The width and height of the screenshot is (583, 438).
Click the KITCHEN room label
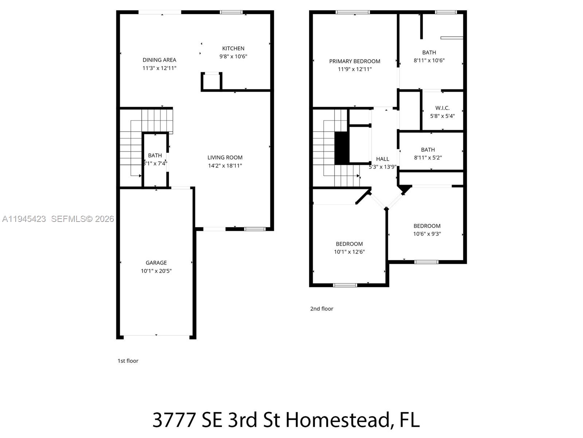pyautogui.click(x=233, y=48)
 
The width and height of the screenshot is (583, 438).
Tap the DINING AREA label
pyautogui.click(x=159, y=60)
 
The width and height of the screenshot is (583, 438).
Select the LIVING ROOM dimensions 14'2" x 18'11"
pyautogui.click(x=225, y=166)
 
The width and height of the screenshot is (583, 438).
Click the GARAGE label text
pyautogui.click(x=156, y=263)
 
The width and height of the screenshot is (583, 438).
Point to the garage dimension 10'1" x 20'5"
pyautogui.click(x=156, y=271)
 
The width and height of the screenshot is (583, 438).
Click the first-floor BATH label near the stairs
pyautogui.click(x=155, y=155)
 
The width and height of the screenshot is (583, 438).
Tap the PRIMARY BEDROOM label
pyautogui.click(x=355, y=61)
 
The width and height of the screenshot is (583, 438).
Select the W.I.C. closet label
pyautogui.click(x=442, y=108)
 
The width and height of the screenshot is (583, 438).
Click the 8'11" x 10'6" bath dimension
pyautogui.click(x=429, y=61)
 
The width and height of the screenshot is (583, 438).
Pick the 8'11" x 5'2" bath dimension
pyautogui.click(x=428, y=158)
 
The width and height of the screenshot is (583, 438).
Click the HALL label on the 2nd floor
pyautogui.click(x=383, y=159)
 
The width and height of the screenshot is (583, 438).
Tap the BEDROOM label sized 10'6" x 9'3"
pyautogui.click(x=427, y=226)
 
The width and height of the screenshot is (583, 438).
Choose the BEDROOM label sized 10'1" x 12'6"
pyautogui.click(x=349, y=244)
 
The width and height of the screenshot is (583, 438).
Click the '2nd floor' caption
pyautogui.click(x=321, y=309)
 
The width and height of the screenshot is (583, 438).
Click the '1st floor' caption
pyautogui.click(x=128, y=361)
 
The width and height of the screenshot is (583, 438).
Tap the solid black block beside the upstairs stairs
pyautogui.click(x=342, y=148)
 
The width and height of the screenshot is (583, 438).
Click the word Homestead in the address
pyautogui.click(x=337, y=420)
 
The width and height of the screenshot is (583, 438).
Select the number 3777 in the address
pyautogui.click(x=174, y=420)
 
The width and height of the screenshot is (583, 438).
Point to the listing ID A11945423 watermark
pyautogui.click(x=24, y=219)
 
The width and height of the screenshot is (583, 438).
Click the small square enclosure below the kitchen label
pyautogui.click(x=211, y=81)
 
